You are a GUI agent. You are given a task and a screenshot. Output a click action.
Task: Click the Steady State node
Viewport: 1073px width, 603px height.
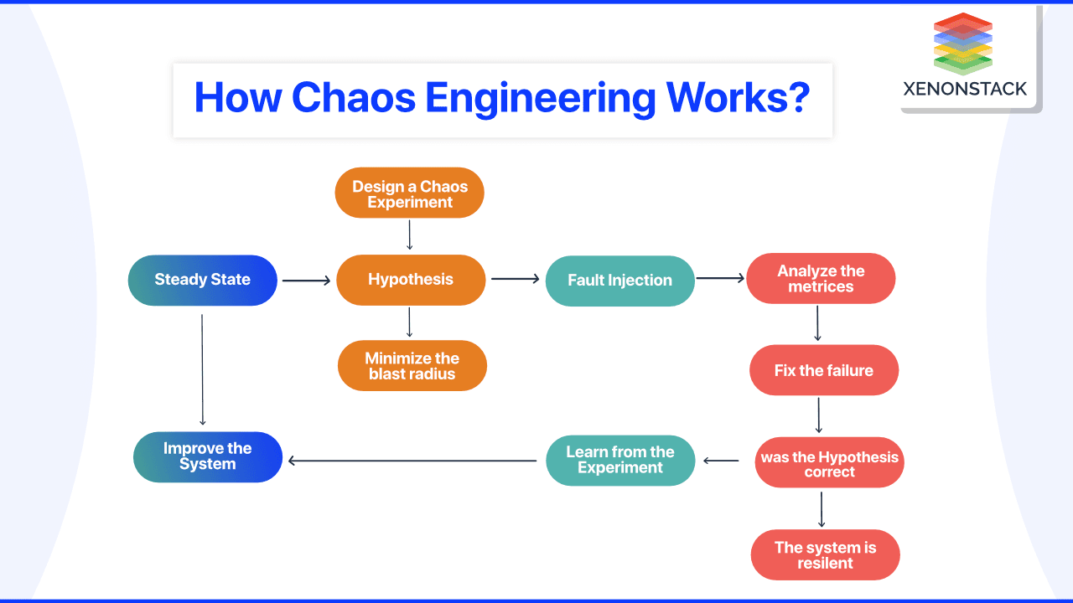(x=203, y=280)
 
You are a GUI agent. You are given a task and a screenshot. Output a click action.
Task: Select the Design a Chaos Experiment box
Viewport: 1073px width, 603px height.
(x=410, y=193)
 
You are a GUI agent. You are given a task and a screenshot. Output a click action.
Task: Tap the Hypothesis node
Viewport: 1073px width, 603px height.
(x=411, y=280)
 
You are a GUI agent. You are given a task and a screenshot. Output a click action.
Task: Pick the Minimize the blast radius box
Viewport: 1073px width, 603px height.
(x=412, y=366)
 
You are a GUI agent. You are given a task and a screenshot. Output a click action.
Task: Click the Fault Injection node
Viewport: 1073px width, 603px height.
(x=619, y=281)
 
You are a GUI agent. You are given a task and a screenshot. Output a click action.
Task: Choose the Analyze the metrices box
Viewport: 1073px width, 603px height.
(x=821, y=279)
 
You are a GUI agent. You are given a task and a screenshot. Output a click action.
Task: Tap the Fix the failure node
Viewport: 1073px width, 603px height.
(x=824, y=370)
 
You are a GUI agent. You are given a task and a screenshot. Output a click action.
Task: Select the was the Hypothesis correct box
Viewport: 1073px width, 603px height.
(x=829, y=462)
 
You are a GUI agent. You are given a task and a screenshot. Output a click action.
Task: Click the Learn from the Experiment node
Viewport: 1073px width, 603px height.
(x=620, y=461)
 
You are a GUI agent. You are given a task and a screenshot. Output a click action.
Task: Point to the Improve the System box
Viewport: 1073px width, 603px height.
(x=208, y=457)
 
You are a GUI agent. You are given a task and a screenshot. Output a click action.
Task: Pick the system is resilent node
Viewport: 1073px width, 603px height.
(x=826, y=554)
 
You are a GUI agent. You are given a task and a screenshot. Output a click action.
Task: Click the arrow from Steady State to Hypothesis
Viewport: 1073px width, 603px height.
(x=306, y=281)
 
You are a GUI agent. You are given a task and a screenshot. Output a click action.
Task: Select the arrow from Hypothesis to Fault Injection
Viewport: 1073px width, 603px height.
(x=516, y=279)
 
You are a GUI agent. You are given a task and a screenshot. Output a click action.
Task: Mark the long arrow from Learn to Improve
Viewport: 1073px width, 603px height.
(x=412, y=461)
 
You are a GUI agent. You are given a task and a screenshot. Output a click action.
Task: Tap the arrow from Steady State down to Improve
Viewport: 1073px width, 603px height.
(x=202, y=369)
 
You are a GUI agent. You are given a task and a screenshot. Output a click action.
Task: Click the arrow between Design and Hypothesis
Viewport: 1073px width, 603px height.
(x=410, y=235)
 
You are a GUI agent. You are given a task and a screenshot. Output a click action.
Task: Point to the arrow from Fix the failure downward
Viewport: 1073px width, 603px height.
(x=819, y=415)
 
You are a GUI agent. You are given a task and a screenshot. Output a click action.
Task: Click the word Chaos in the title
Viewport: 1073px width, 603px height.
(x=354, y=98)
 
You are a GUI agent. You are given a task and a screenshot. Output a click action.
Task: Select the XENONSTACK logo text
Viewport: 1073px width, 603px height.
(x=965, y=89)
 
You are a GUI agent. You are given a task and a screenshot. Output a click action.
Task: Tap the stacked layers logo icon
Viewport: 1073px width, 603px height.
(x=963, y=44)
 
